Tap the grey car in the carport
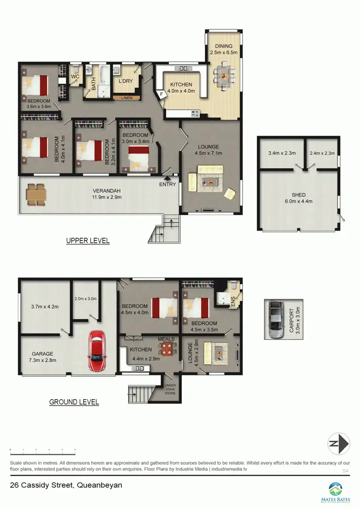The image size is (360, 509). (276, 320)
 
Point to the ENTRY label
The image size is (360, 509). (168, 184)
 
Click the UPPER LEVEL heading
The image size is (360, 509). (88, 241)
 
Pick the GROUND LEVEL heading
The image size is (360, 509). (74, 402)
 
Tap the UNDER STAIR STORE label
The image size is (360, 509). (170, 389)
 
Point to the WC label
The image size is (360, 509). (75, 77)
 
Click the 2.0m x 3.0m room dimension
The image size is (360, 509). (86, 298)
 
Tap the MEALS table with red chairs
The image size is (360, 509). (166, 349)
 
